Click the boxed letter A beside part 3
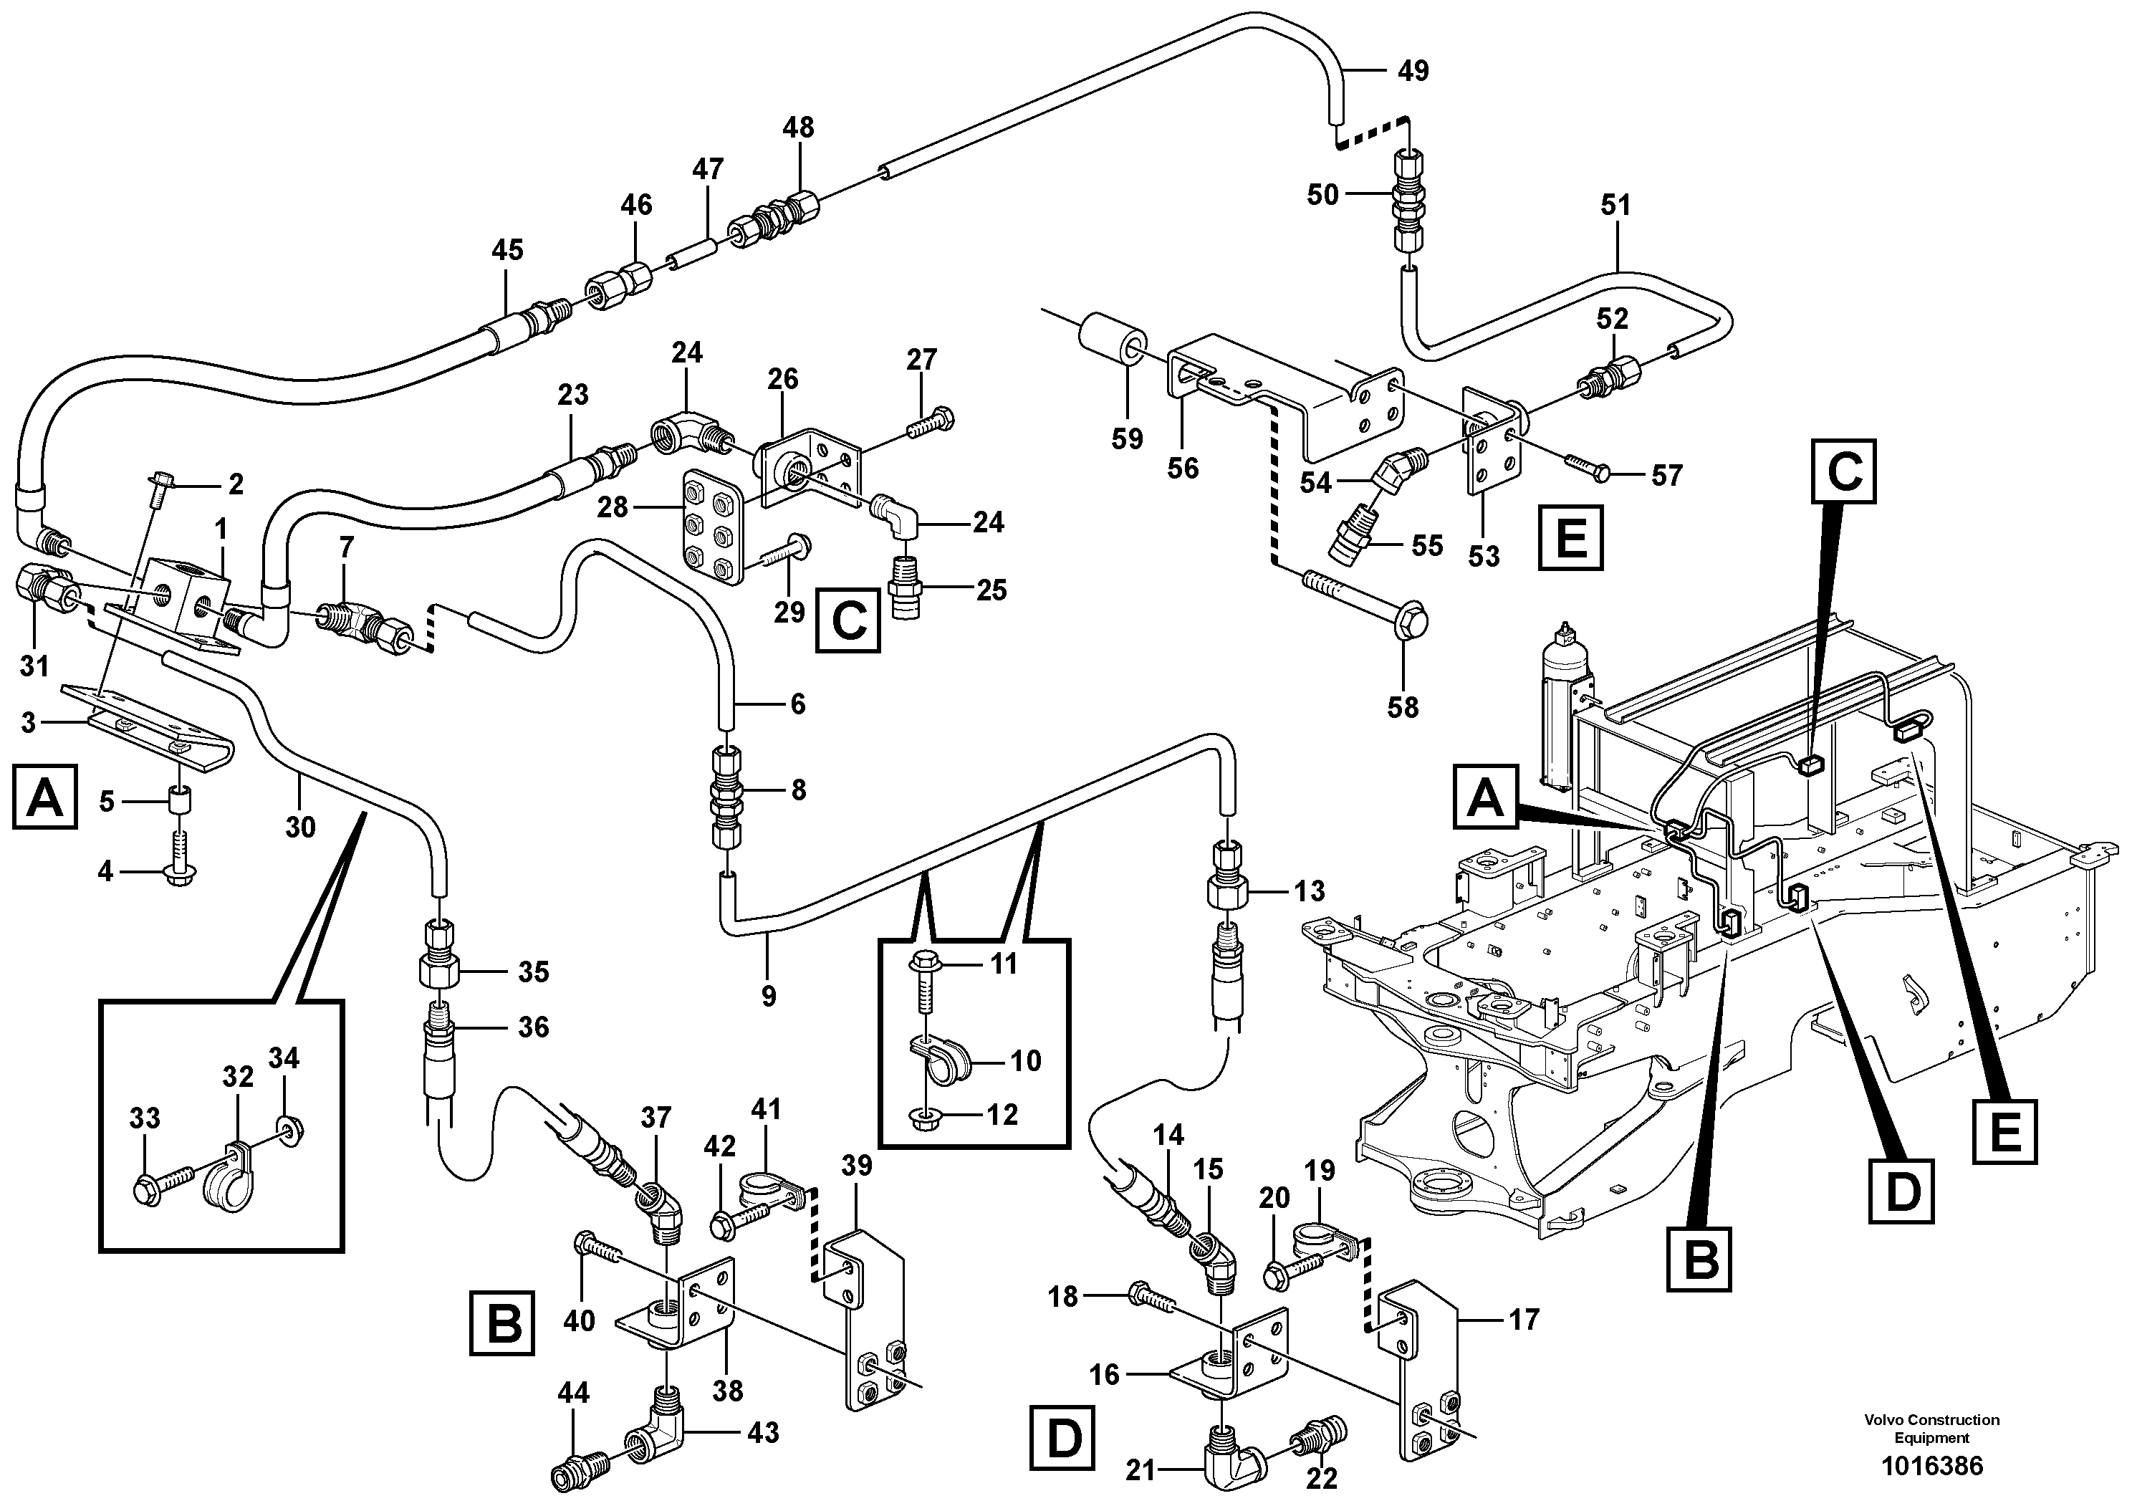pyautogui.click(x=44, y=797)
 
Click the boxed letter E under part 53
pyautogui.click(x=1570, y=537)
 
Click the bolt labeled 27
pyautogui.click(x=929, y=426)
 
